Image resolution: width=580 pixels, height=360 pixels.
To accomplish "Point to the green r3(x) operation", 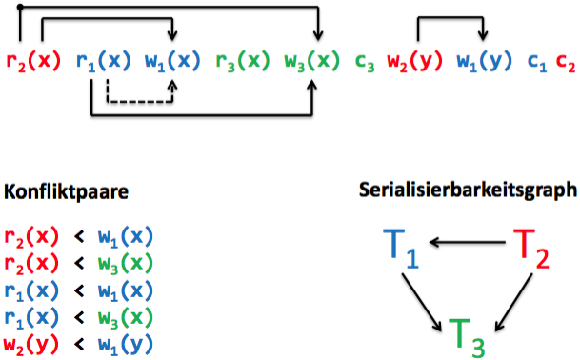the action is [243, 61].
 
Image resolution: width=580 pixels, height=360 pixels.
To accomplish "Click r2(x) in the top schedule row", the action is [33, 61].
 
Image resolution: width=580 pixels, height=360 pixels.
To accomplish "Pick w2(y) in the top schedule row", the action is [414, 61].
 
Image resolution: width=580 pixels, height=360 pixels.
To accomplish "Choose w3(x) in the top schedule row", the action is [311, 61].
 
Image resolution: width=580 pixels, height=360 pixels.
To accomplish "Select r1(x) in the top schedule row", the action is [103, 61].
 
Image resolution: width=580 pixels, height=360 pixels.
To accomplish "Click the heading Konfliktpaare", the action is [67, 192].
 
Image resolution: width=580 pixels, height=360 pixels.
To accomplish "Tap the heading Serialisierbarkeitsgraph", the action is [468, 190].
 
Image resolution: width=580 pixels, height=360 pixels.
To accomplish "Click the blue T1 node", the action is [401, 248].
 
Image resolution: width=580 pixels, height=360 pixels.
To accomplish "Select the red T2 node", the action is [531, 248].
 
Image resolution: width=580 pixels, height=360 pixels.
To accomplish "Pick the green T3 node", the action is [467, 337].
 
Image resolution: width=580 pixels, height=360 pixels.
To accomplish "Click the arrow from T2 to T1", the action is [468, 243].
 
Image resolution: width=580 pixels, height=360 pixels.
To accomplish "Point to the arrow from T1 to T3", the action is [422, 302].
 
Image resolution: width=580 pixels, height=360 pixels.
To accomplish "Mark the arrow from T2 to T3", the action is [513, 302].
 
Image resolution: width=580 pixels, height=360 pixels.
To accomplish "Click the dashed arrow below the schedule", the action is [140, 101].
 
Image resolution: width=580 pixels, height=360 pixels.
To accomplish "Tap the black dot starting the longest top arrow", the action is [20, 7].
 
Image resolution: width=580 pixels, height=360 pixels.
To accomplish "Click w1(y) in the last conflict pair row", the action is [126, 344].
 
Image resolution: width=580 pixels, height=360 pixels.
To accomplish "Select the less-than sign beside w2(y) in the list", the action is [79, 345].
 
